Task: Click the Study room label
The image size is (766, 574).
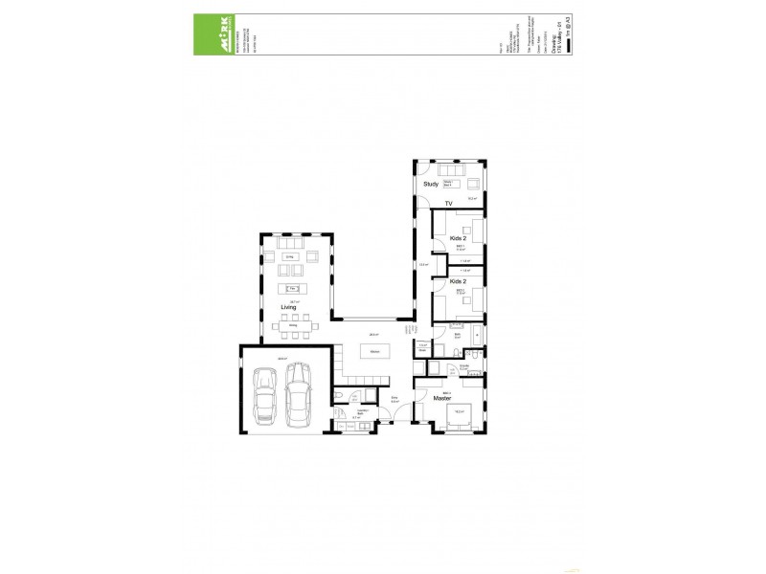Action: click(x=430, y=184)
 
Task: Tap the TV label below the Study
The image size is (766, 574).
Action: click(x=446, y=204)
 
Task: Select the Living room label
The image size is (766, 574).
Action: click(x=288, y=307)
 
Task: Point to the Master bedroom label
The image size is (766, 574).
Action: click(x=441, y=397)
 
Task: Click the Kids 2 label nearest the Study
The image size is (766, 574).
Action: click(x=458, y=237)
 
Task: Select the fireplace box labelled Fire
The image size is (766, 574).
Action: click(x=293, y=289)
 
